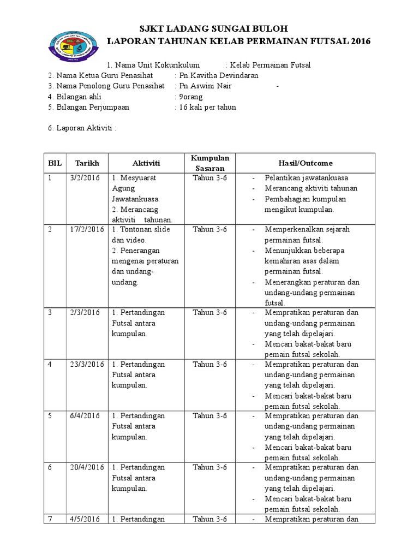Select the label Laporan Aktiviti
(82, 128)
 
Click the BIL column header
(55, 163)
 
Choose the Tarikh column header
(87, 163)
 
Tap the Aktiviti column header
(146, 163)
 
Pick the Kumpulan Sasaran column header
(210, 163)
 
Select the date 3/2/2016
(85, 178)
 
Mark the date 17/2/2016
(87, 229)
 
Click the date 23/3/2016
(87, 364)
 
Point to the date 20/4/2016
(87, 467)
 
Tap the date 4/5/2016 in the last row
(85, 519)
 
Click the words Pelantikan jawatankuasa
(307, 178)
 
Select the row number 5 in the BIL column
(50, 416)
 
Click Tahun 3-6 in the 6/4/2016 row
(210, 416)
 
